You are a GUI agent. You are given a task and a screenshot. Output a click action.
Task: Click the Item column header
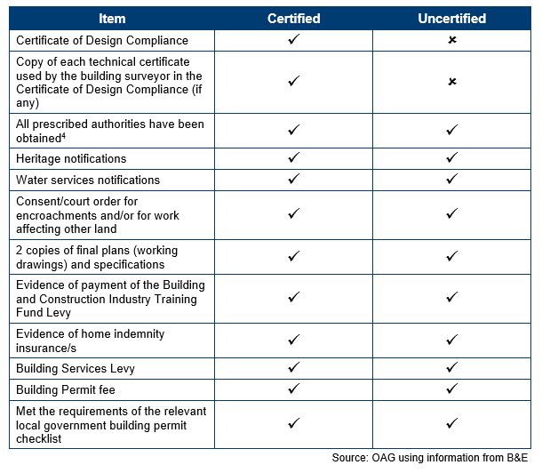112,18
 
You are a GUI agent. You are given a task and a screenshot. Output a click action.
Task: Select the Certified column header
293,18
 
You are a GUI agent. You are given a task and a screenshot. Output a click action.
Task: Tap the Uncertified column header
451,18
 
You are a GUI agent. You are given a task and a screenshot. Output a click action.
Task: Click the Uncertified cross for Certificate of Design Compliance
452,41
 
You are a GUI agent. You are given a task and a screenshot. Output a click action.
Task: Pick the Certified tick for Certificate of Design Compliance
293,40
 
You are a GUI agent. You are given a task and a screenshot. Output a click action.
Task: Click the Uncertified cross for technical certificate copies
452,82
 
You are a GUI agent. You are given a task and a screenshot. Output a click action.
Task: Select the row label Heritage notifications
71,158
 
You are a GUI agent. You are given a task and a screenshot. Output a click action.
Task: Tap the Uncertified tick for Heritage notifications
452,158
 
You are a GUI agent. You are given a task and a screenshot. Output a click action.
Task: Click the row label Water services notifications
88,180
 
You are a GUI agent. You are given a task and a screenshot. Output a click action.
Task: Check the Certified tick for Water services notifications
293,180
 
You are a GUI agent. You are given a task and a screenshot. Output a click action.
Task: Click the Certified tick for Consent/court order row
293,214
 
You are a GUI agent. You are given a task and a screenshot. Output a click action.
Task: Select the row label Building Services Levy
76,368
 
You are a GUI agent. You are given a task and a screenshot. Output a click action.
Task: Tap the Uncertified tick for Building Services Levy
452,368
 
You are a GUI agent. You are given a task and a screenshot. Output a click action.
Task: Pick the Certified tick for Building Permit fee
293,389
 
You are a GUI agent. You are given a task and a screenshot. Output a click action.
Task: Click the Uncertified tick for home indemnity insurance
452,340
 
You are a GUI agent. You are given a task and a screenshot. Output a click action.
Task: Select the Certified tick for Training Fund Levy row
293,298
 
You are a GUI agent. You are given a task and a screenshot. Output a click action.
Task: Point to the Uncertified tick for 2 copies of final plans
452,256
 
